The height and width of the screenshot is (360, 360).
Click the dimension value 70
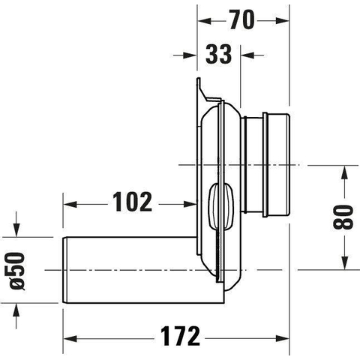241,20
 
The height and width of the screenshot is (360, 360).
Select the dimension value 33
218,54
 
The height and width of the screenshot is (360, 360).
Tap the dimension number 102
132,202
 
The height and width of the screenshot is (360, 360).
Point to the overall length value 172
180,336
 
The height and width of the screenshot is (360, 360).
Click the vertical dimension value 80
343,217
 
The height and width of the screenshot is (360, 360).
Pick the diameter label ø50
17,271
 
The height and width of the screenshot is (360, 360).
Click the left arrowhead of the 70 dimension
205,21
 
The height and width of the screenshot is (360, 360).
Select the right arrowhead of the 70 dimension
282,21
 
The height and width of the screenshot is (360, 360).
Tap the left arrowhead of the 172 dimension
70,339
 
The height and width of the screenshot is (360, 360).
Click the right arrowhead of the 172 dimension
282,339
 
